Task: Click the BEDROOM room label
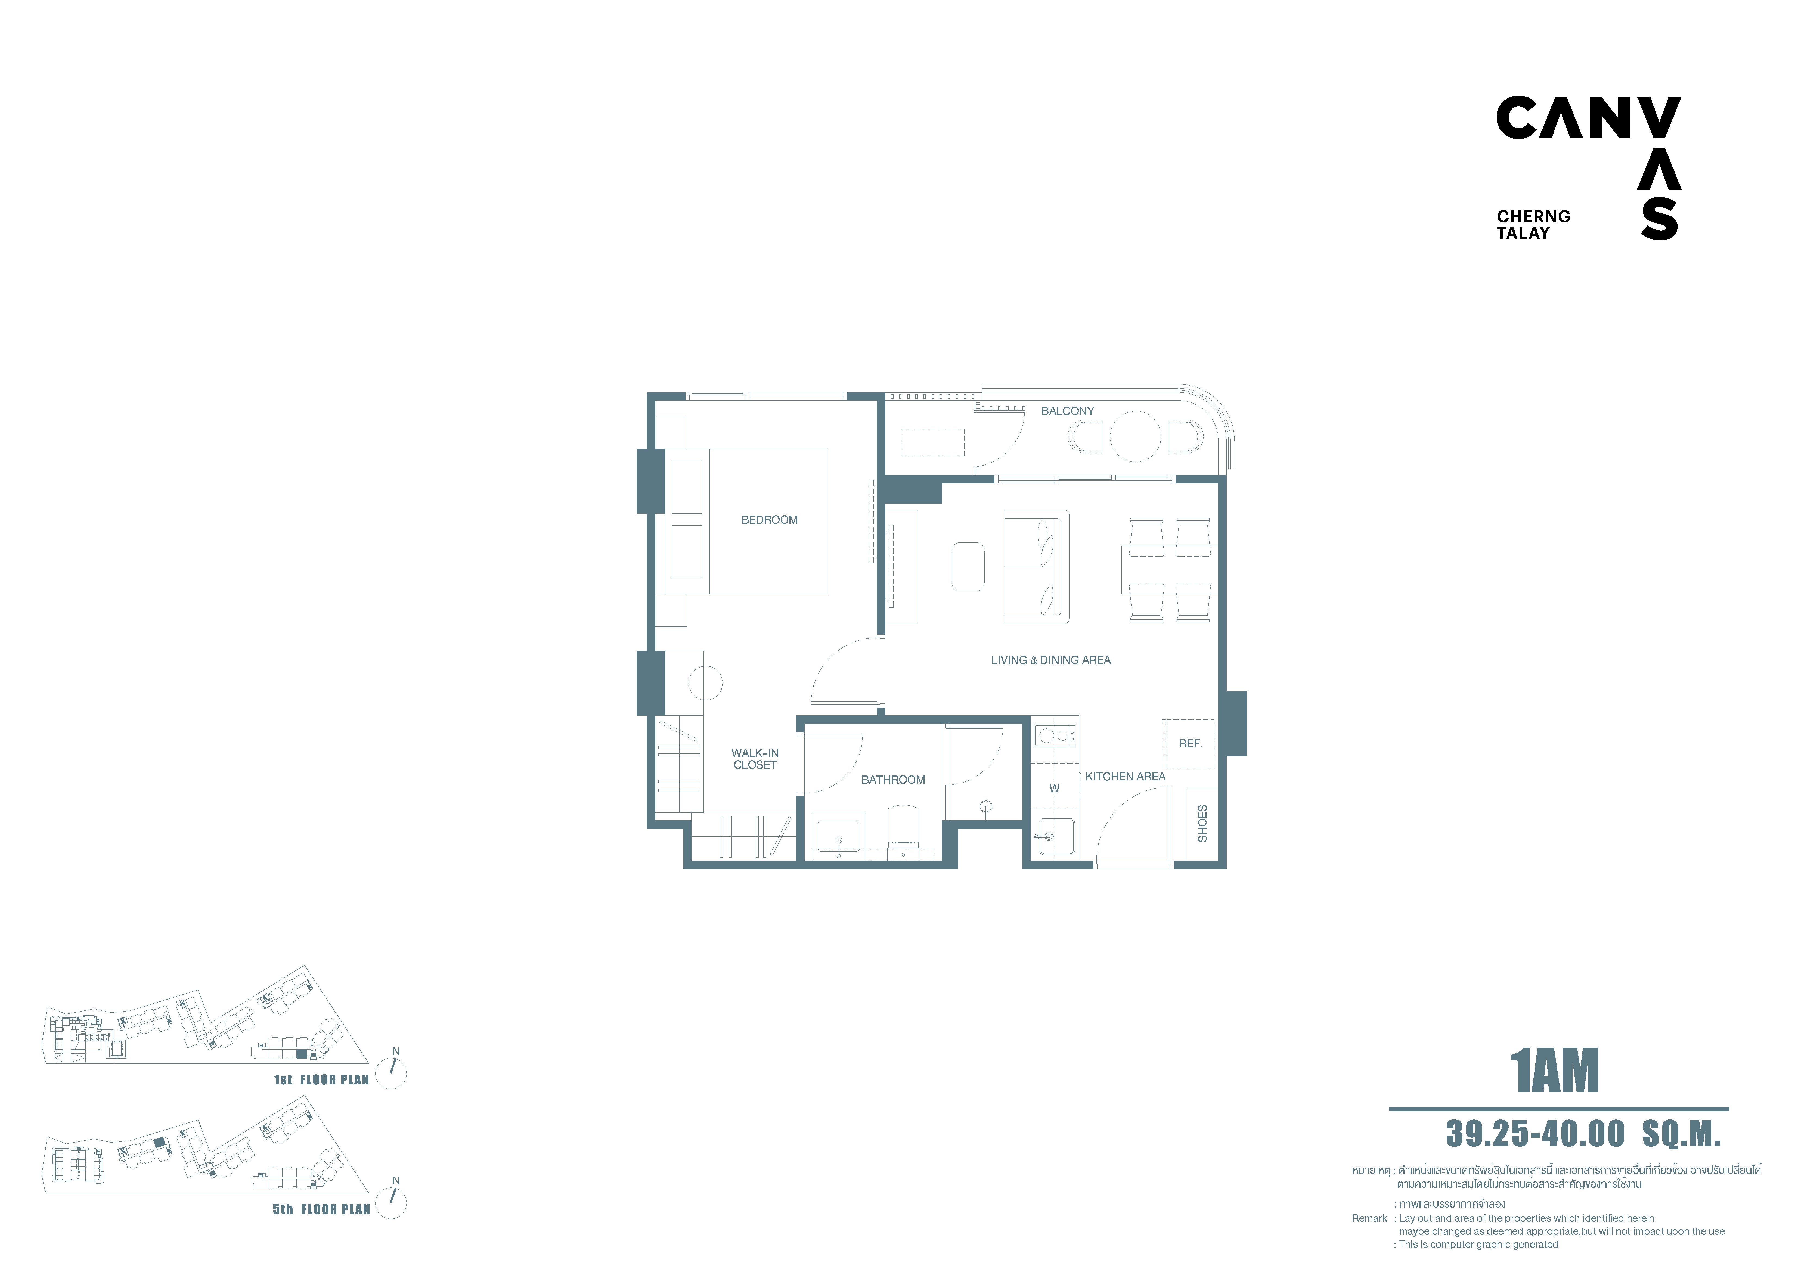click(770, 520)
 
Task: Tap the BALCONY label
click(1068, 411)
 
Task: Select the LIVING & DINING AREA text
click(1051, 660)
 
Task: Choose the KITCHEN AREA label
click(1126, 776)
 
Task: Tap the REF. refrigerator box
click(1188, 743)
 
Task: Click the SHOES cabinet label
click(1202, 823)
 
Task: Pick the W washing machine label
click(1054, 788)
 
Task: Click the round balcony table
click(1135, 437)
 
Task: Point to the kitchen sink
click(1056, 836)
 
